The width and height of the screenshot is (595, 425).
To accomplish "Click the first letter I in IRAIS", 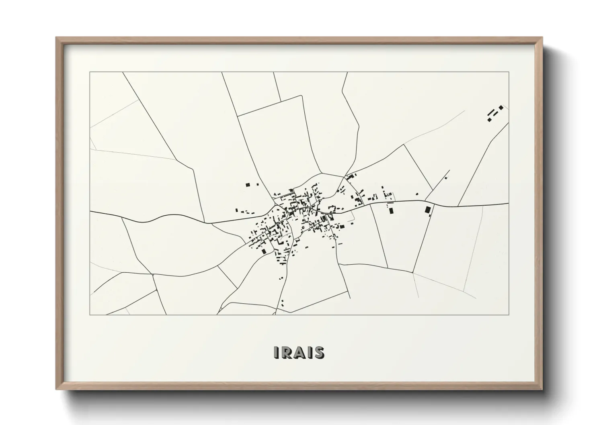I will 276,352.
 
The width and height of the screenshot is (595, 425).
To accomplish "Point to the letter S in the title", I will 319,352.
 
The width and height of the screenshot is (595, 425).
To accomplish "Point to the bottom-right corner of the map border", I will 509,315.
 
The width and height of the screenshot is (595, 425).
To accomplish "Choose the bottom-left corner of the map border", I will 90,315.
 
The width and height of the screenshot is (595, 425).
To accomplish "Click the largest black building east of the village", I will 427,209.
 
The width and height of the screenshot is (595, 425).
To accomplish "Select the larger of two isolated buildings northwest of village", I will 248,185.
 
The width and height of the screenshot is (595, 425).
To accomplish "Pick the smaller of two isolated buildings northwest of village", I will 257,184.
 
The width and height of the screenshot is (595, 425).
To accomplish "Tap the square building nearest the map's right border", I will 501,108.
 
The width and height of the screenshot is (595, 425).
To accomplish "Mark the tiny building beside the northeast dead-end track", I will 446,178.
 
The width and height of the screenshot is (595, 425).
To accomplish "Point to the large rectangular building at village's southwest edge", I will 264,251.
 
